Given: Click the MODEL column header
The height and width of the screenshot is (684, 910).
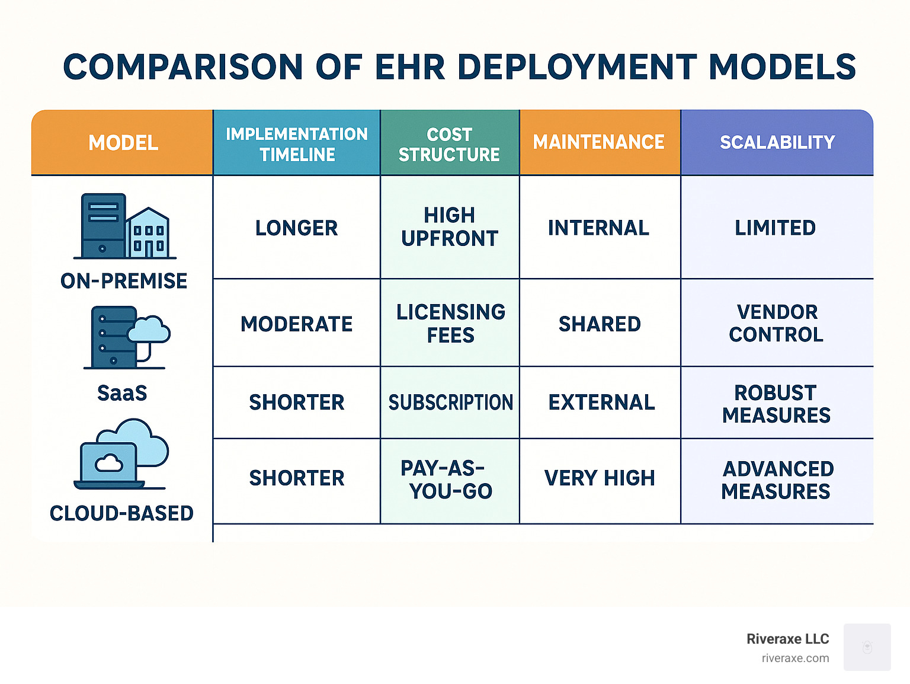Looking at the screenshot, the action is click(x=123, y=143).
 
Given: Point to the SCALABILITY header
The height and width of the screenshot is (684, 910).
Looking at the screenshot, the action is click(x=777, y=142).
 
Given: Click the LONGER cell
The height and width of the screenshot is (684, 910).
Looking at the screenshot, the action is click(x=296, y=228).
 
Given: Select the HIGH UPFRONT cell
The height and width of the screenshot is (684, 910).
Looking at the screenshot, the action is click(x=450, y=227).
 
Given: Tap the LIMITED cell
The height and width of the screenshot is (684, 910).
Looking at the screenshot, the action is click(x=776, y=228).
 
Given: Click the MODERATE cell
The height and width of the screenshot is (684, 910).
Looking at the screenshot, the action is click(x=296, y=324).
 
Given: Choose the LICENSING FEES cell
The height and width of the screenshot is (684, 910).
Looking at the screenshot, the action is click(x=451, y=324).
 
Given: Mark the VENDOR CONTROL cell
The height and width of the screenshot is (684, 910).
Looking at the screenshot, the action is click(x=776, y=323).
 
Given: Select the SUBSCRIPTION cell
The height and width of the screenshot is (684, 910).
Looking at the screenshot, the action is click(x=451, y=402).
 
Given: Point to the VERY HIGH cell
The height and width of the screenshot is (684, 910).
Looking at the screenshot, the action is click(x=600, y=478).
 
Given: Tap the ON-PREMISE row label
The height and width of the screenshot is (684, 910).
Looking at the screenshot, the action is click(x=124, y=281).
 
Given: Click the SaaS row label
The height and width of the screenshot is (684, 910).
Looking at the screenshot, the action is click(x=122, y=393).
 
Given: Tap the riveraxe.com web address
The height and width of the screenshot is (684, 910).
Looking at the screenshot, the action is click(x=795, y=659).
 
